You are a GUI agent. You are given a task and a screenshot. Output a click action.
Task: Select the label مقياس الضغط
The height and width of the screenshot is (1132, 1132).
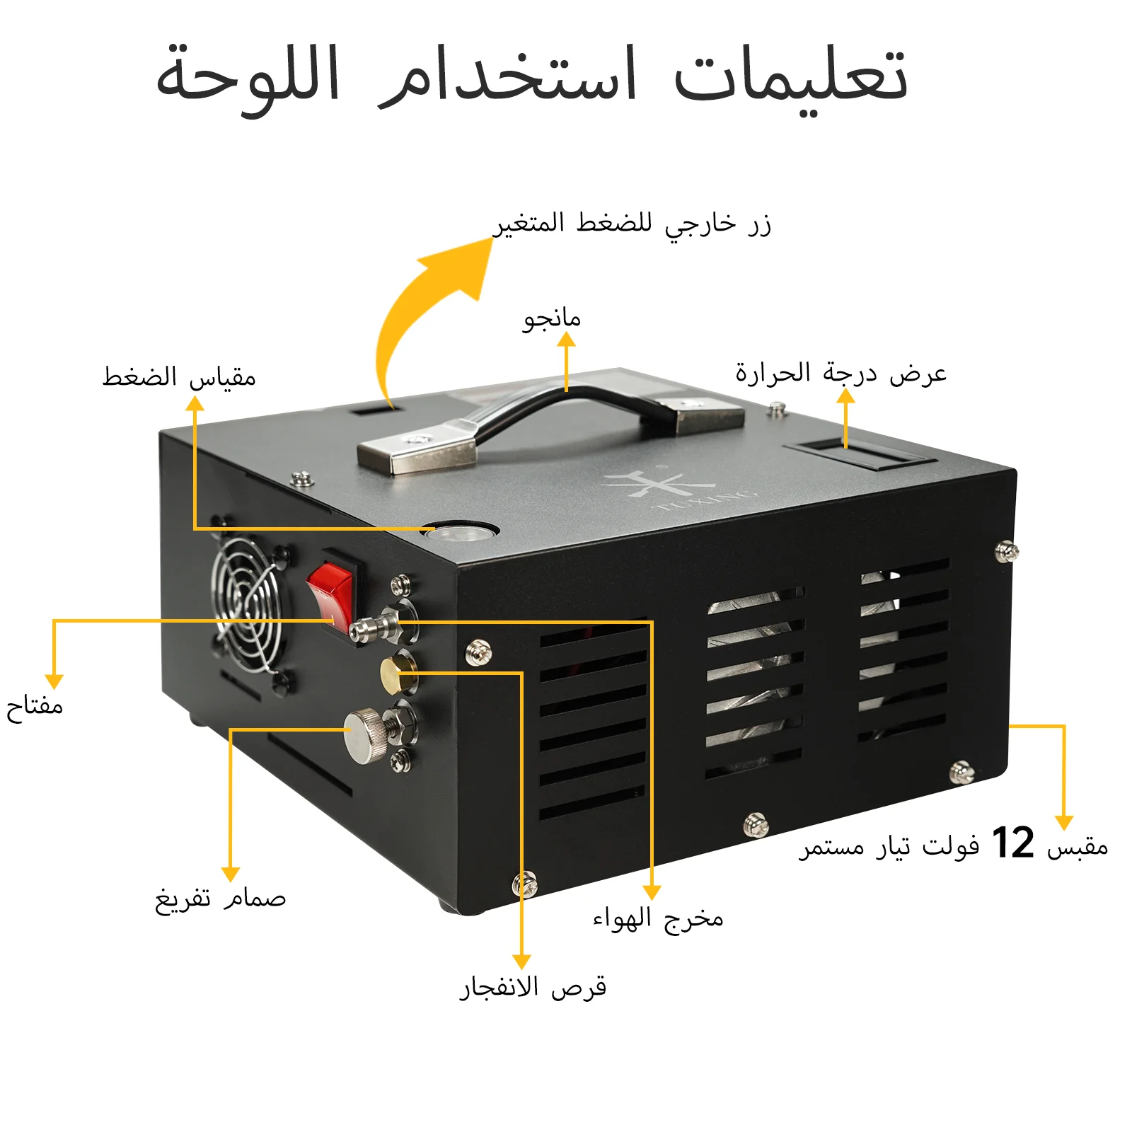(179, 376)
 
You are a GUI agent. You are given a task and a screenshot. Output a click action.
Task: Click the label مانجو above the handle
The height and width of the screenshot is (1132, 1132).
(552, 318)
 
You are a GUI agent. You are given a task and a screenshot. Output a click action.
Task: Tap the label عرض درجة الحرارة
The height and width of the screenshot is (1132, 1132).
(841, 373)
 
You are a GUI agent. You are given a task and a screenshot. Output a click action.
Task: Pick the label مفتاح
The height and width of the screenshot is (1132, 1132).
(35, 706)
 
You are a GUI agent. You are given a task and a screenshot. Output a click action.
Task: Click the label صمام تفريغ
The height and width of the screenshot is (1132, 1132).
(220, 899)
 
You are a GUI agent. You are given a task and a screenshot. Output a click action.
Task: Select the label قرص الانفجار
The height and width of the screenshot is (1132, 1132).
(533, 987)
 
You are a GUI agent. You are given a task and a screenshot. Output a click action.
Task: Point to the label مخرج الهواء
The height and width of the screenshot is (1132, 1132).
(658, 918)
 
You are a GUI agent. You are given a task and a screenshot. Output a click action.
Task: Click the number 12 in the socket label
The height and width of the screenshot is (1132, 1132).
(1012, 843)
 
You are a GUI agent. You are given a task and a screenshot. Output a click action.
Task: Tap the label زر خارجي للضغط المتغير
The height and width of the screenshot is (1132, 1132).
(632, 224)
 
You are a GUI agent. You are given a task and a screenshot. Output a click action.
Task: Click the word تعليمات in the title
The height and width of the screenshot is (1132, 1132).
(790, 76)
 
